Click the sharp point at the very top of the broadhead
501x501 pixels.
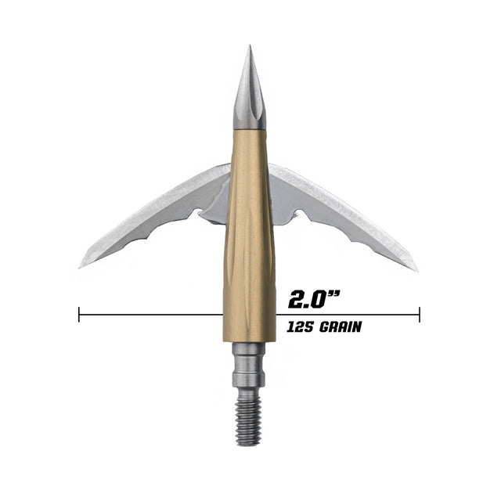point(249,46)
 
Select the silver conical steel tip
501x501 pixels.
point(249,98)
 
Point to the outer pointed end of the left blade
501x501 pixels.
point(81,266)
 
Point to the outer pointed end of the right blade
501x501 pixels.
point(416,270)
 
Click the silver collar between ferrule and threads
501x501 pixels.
point(249,368)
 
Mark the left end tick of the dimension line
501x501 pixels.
point(79,315)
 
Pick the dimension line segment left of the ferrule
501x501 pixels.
point(149,315)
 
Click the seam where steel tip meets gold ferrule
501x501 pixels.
point(249,129)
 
